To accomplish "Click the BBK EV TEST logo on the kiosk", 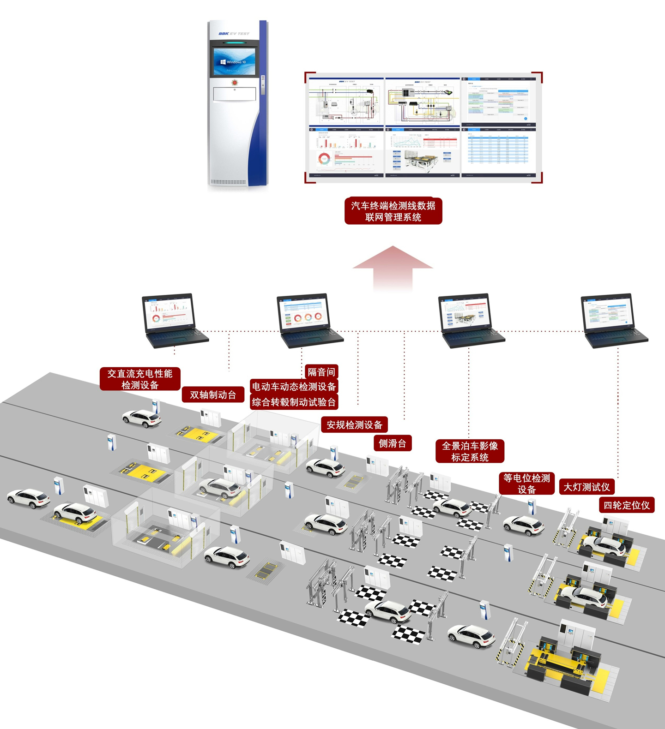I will tap(234, 34).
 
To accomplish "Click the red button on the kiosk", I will tap(235, 83).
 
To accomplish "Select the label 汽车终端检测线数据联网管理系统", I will tap(393, 211).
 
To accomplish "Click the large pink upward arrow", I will tap(393, 268).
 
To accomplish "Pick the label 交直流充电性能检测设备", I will tap(140, 379).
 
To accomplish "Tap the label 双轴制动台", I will tap(213, 395).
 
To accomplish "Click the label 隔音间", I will tap(321, 372).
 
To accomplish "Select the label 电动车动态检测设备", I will tap(294, 387).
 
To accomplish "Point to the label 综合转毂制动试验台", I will tap(294, 402).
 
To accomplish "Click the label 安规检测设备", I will tap(354, 425).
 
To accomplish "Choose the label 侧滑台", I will tap(392, 443).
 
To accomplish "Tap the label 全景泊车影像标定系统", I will tap(470, 451).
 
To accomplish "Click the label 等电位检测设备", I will tap(526, 484).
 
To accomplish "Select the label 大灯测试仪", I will tap(586, 487).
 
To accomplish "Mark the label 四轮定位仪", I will tap(627, 505).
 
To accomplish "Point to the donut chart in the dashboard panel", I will tap(325, 158).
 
